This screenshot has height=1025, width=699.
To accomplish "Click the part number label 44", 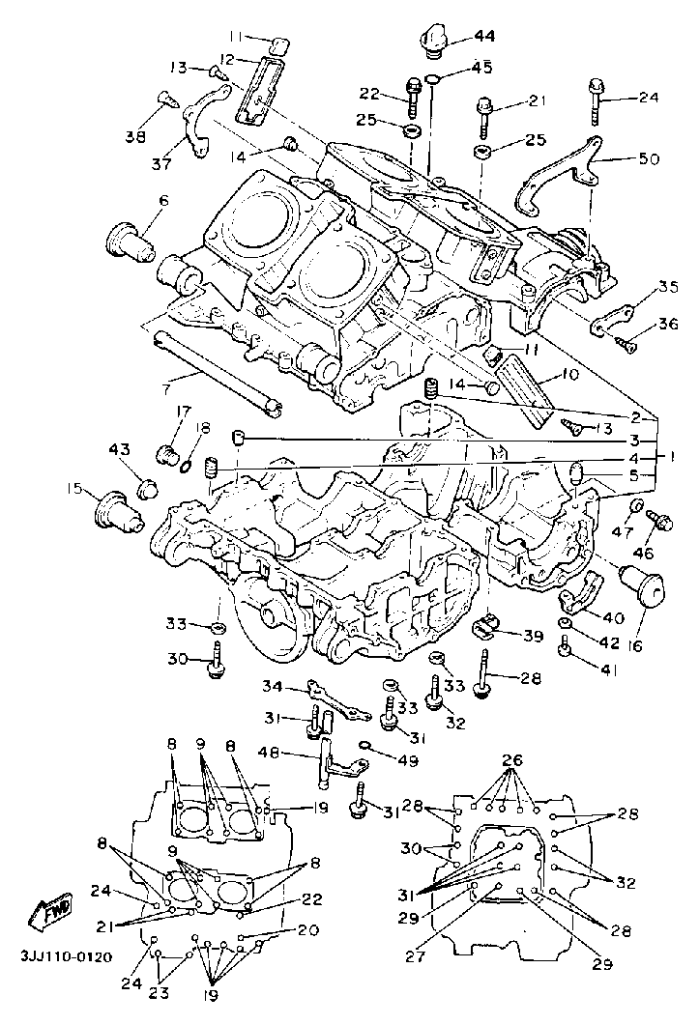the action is pyautogui.click(x=484, y=36).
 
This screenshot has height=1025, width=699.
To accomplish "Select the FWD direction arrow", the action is pyautogui.click(x=50, y=911).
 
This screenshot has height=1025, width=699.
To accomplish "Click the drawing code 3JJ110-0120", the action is pyautogui.click(x=66, y=957).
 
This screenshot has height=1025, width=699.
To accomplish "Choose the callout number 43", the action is pyautogui.click(x=120, y=450).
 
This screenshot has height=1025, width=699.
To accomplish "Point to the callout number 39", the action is pyautogui.click(x=532, y=636).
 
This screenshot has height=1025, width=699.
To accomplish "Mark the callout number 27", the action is pyautogui.click(x=415, y=957).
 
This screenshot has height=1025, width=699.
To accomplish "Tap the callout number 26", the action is pyautogui.click(x=513, y=760).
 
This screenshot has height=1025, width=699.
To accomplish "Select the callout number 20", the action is pyautogui.click(x=307, y=930).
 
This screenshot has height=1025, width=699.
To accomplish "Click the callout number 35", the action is pyautogui.click(x=668, y=286).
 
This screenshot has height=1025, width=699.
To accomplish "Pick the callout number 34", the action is pyautogui.click(x=274, y=686).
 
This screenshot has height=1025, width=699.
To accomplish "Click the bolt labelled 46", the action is pyautogui.click(x=659, y=521).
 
